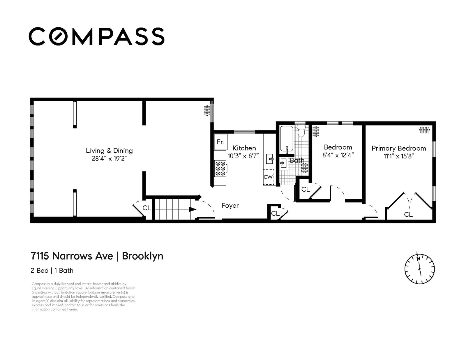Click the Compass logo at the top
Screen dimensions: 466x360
pos(96,36)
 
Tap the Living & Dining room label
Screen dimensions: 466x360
pos(110,151)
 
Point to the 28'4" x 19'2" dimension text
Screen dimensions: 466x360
pos(110,158)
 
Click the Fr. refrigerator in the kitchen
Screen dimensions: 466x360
pos(221,142)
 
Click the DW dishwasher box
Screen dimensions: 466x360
pos(269,177)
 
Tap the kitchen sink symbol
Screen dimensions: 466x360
pos(270,159)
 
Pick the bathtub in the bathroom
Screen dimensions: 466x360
pos(287,139)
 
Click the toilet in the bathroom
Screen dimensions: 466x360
pos(301,130)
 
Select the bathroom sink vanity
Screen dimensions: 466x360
pos(283,164)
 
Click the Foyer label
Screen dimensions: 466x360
pos(230,205)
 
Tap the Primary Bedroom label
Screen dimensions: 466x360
pos(399,148)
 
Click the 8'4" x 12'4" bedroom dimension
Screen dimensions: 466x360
pos(338,155)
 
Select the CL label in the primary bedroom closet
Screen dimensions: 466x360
pos(408,214)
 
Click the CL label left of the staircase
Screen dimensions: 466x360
pos(147,208)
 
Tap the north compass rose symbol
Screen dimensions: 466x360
pos(419,269)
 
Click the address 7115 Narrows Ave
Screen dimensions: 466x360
pos(72,256)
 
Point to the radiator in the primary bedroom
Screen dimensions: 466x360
pos(425,130)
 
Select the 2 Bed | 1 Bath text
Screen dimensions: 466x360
pos(52,270)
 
